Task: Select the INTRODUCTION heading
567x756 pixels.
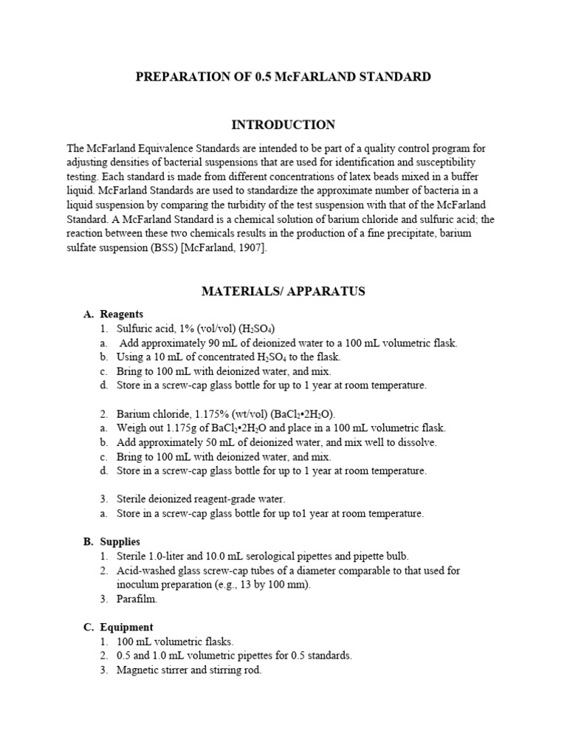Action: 283,125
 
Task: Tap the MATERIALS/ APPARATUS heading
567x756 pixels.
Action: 283,292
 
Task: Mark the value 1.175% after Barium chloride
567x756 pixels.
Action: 204,413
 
